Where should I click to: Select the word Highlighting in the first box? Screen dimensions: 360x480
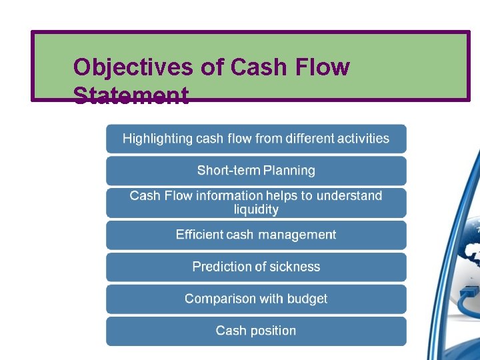157,139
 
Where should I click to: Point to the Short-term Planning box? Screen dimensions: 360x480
256,171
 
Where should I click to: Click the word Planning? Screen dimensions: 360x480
289,171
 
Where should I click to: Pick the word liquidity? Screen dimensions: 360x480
256,210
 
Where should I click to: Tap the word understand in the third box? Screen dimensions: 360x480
349,196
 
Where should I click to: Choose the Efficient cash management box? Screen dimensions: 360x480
256,235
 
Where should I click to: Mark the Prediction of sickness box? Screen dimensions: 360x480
256,267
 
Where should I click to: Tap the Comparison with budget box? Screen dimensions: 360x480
256,299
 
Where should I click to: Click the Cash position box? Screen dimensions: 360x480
256,331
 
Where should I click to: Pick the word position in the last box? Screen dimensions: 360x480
271,331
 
